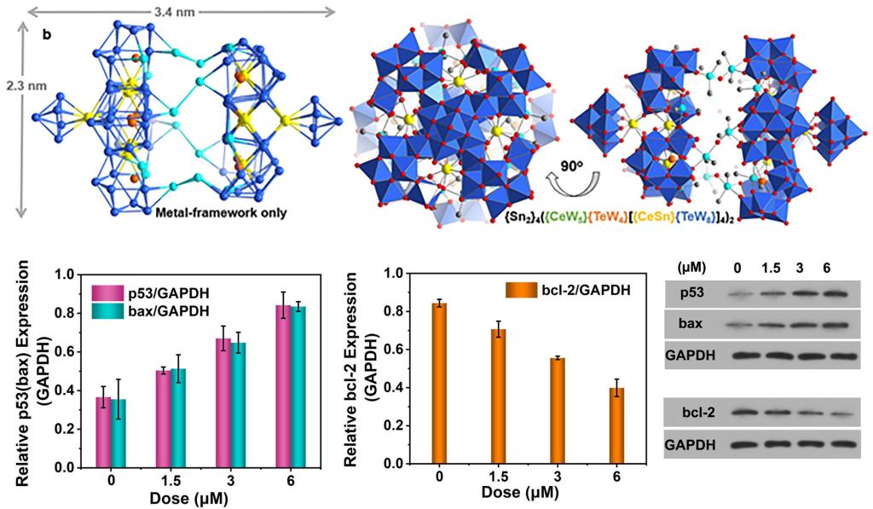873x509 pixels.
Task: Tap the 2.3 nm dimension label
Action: click(17, 86)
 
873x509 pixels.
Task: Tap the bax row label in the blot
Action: click(691, 324)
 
